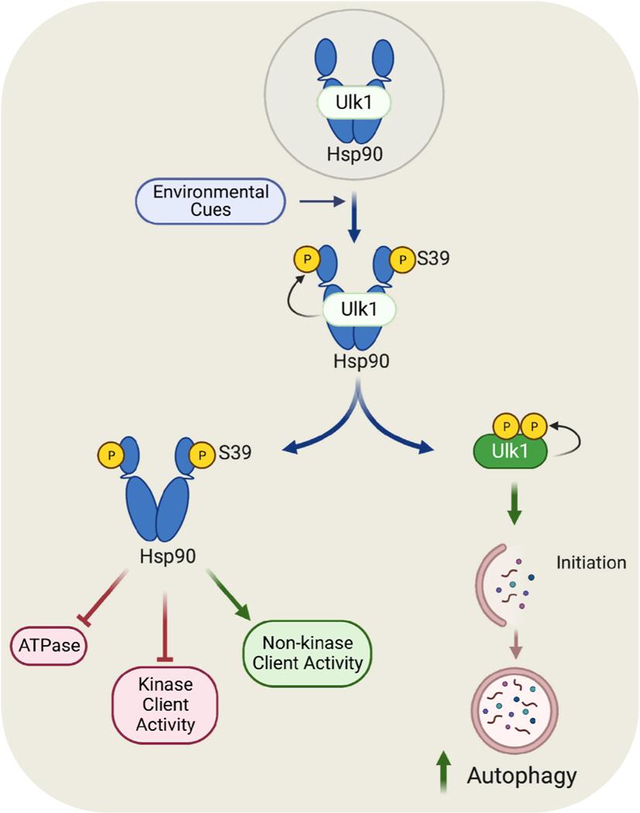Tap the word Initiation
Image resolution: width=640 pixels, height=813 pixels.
tap(590, 563)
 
